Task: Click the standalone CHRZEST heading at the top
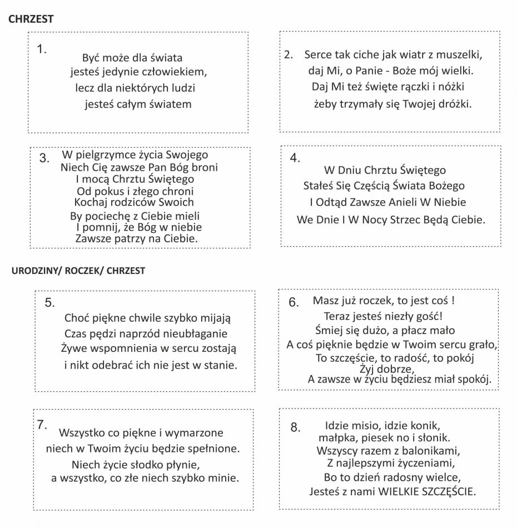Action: [x=31, y=19]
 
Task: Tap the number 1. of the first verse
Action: [x=42, y=49]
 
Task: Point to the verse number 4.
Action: [x=295, y=158]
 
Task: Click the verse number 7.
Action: [x=41, y=424]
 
